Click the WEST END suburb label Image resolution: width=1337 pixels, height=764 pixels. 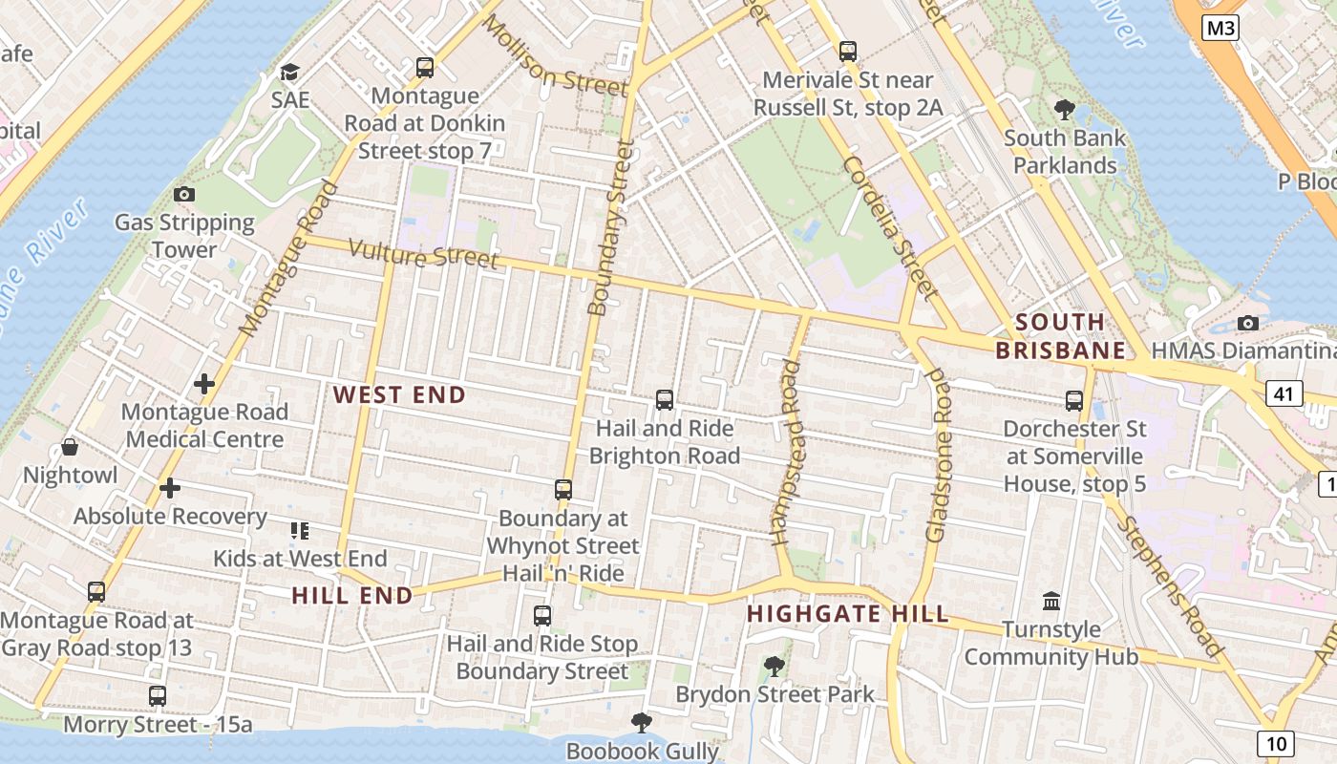[x=399, y=394]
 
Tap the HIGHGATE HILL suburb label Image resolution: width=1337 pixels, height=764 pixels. [x=848, y=613]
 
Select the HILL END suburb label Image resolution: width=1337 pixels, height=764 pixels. [x=352, y=596]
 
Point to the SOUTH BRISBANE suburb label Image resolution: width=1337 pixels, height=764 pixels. [x=1061, y=336]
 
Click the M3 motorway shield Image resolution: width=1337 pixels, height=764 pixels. [x=1220, y=29]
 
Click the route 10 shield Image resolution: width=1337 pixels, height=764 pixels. [x=1276, y=743]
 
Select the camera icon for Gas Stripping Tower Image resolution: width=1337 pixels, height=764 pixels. [x=184, y=195]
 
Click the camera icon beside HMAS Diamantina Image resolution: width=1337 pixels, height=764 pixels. [x=1247, y=323]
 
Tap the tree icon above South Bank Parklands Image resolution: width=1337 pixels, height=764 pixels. [x=1064, y=110]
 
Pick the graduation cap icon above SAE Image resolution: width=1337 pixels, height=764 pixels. [x=289, y=73]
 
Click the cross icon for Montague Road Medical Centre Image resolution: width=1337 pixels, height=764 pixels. [x=204, y=384]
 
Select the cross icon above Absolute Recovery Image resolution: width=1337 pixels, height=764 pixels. [x=170, y=488]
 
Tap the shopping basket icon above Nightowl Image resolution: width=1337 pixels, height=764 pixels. [x=70, y=447]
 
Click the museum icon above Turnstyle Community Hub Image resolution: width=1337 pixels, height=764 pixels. [x=1051, y=602]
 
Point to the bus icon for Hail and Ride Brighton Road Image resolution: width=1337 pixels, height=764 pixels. [x=665, y=400]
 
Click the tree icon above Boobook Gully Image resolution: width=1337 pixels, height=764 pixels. [x=642, y=723]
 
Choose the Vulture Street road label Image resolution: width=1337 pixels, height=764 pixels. [x=423, y=254]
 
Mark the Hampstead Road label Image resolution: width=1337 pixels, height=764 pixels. [x=789, y=453]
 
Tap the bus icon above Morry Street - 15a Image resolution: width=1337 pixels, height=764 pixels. [x=158, y=696]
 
